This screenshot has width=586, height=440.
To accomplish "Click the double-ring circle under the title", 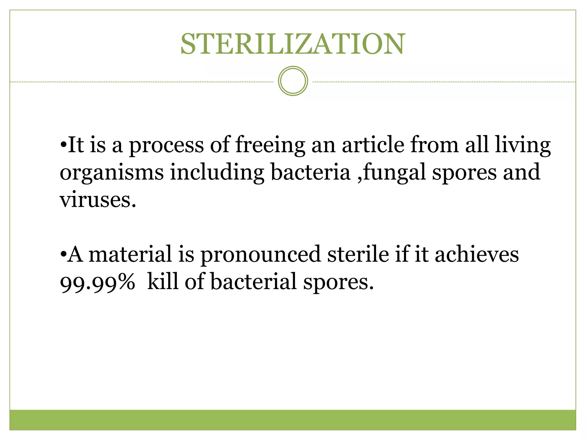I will [293, 81].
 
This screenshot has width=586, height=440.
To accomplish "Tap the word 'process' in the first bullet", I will [166, 146].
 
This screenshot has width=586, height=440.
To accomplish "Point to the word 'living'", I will [523, 146].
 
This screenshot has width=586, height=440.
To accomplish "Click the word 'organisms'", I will [112, 173].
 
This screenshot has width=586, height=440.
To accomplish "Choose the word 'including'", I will [217, 173].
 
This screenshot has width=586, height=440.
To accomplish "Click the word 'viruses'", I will [97, 200].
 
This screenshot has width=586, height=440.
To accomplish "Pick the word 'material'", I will [130, 254].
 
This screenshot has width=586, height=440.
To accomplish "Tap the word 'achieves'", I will [477, 254].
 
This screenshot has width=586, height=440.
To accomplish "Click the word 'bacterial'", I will [254, 281].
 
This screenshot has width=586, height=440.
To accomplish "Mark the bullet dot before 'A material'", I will [63, 254].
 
